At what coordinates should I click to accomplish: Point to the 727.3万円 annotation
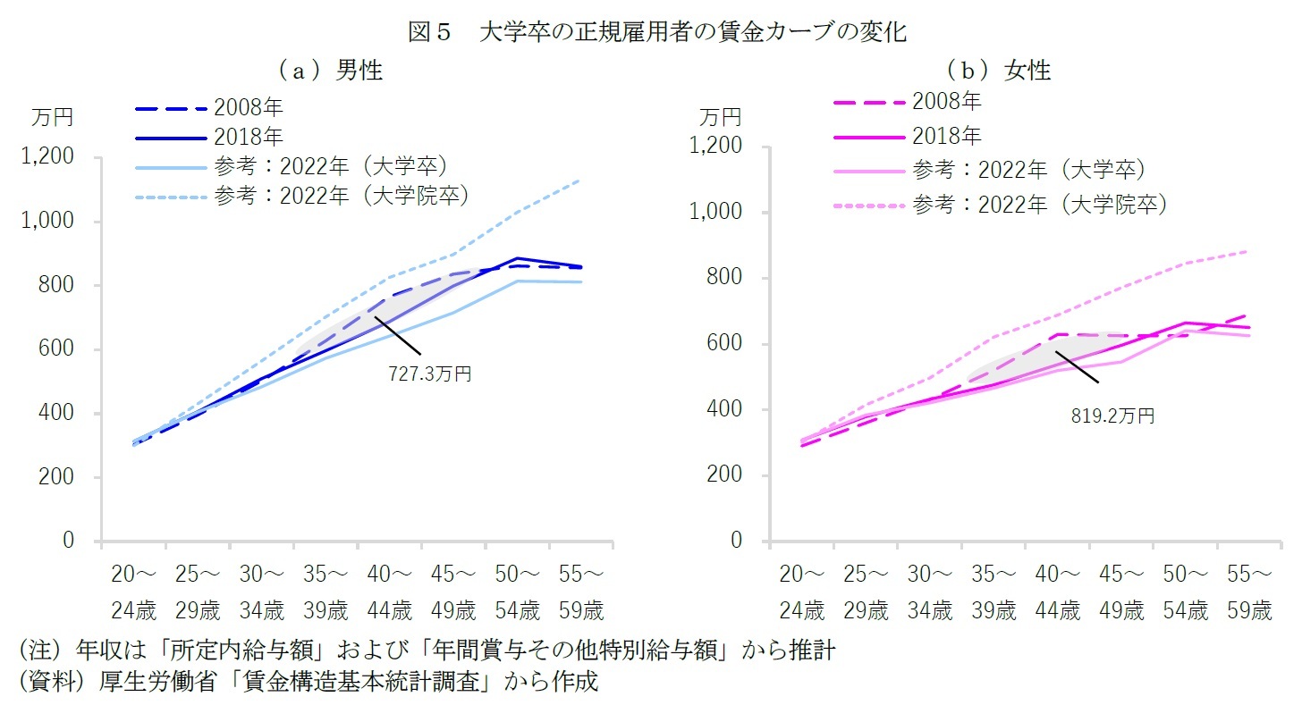pyautogui.click(x=429, y=374)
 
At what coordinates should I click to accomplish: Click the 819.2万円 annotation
pyautogui.click(x=1112, y=416)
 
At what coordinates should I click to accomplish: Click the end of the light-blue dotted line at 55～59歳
pyautogui.click(x=581, y=180)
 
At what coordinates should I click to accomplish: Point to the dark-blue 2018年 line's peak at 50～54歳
pyautogui.click(x=518, y=258)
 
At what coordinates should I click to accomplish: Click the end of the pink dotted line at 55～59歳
pyautogui.click(x=1249, y=251)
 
